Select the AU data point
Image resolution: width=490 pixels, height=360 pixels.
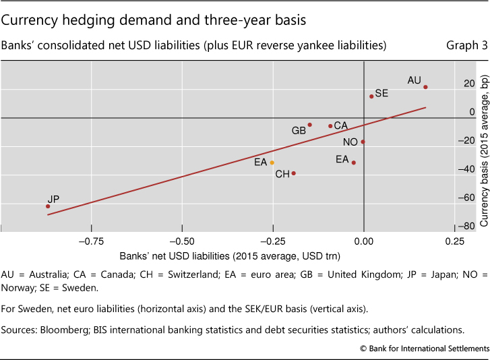tap(425, 87)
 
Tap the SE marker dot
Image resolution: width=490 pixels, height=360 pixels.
tap(371, 96)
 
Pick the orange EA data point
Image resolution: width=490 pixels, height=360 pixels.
tap(272, 162)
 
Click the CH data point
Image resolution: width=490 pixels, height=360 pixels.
tap(294, 173)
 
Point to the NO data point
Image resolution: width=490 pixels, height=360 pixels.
tap(363, 142)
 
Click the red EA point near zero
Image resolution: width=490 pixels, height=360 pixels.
tap(353, 162)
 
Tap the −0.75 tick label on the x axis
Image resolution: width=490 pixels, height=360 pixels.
tap(88, 242)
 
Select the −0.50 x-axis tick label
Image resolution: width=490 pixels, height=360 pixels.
tap(180, 242)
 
